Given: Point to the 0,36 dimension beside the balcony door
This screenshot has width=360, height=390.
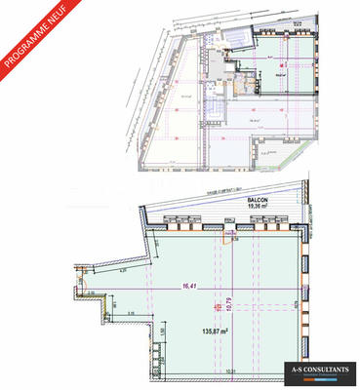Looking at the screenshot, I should (x=237, y=241).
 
